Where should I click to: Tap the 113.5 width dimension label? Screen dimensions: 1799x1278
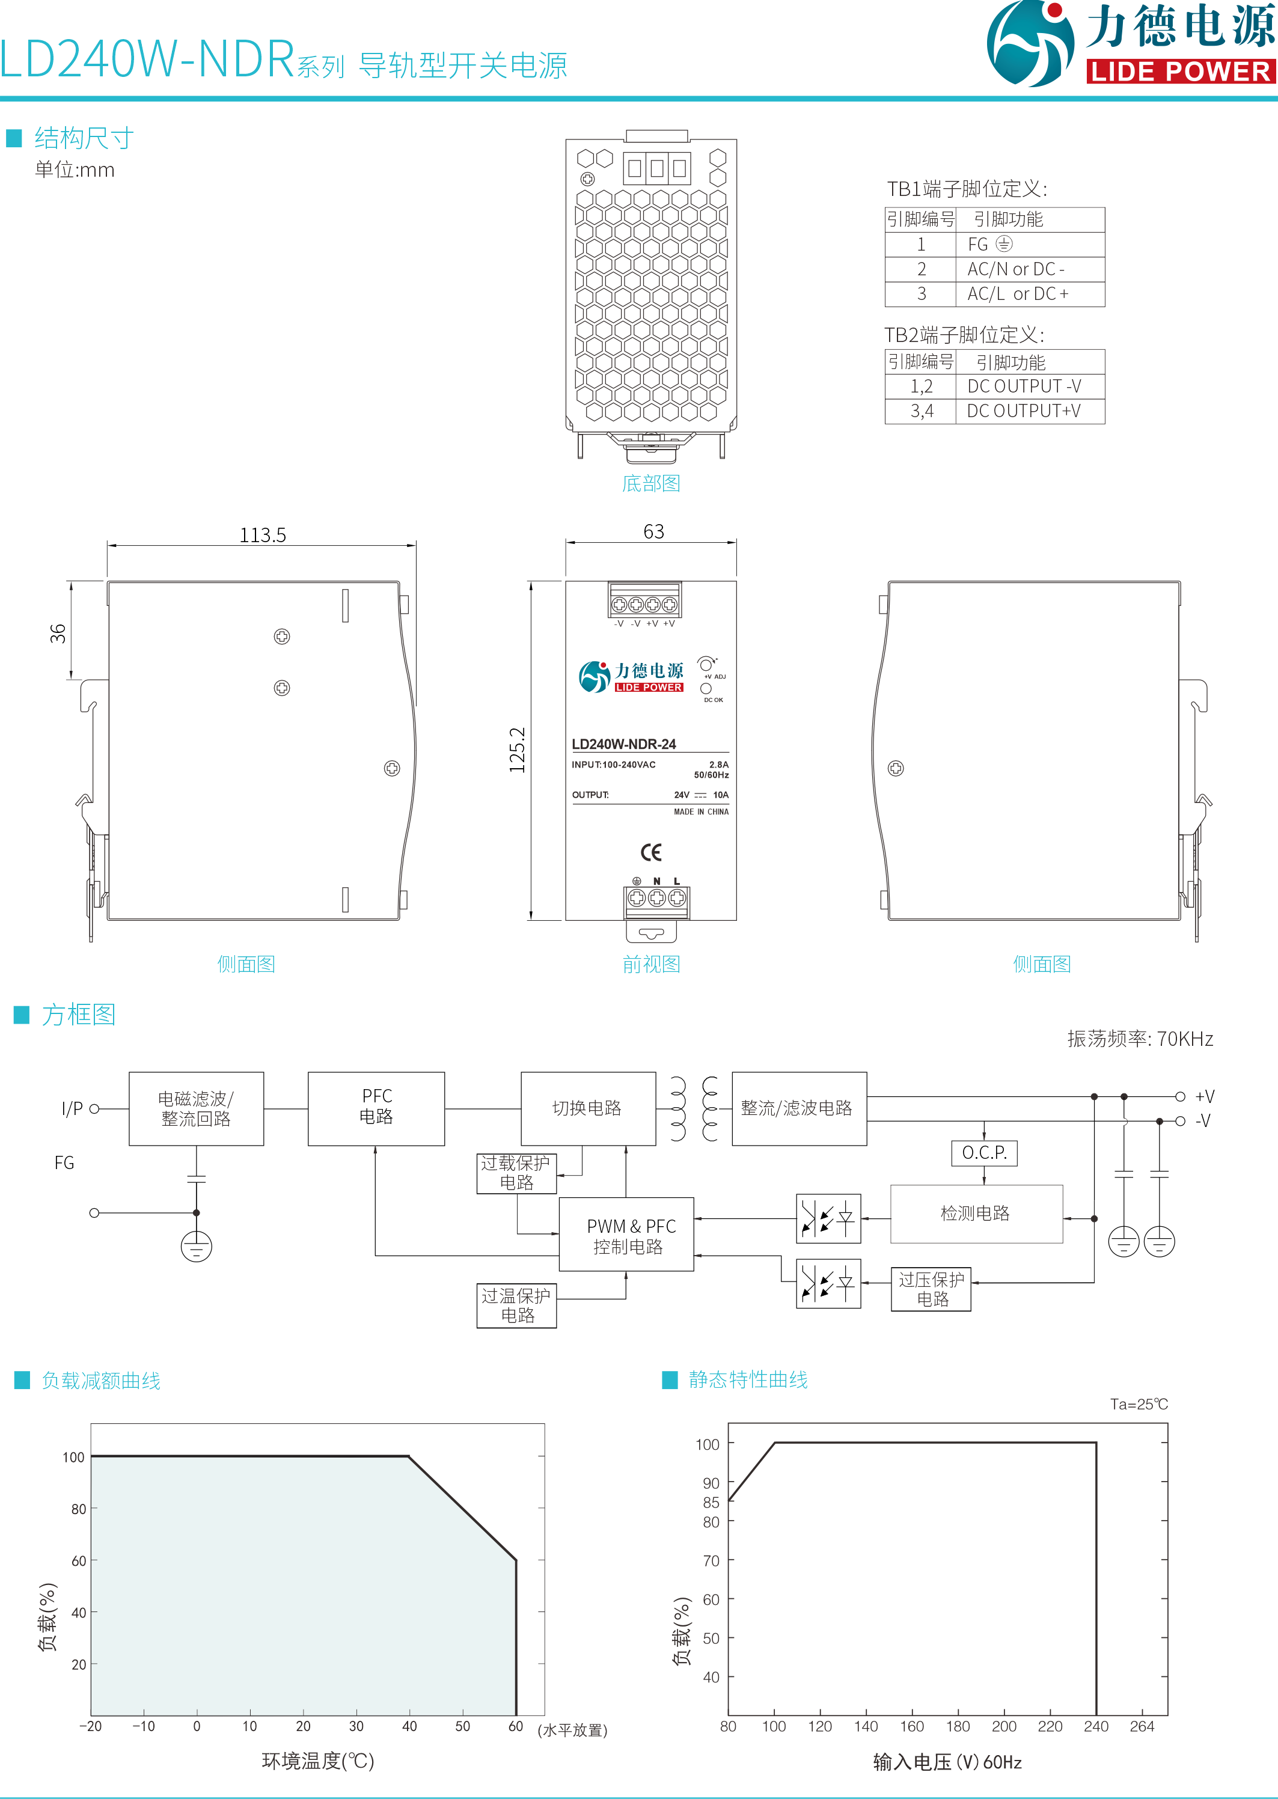pos(263,535)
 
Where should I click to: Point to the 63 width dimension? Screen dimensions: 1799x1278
pos(653,532)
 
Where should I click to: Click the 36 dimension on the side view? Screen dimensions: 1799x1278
pos(58,634)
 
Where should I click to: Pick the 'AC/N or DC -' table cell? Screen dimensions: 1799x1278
pos(1016,269)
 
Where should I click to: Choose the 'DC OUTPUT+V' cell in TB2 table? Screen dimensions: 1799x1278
pos(1023,411)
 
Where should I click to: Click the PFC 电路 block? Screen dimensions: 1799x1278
pos(376,1107)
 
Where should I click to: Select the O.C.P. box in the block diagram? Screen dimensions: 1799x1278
pos(983,1153)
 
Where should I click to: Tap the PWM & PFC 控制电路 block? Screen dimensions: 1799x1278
pos(626,1236)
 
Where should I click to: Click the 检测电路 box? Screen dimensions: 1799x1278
pos(976,1214)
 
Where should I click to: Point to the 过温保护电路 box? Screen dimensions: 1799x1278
pos(516,1306)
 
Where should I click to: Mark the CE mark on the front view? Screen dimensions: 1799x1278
pos(651,852)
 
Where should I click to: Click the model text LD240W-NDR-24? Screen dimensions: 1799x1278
pos(624,744)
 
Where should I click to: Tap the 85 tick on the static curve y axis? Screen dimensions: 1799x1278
pos(711,1502)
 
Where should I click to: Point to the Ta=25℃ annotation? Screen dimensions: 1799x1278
pos(1139,1404)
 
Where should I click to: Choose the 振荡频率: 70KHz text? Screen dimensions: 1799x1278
pos(1140,1039)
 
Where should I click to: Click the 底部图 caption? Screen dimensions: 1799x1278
pos(651,483)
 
